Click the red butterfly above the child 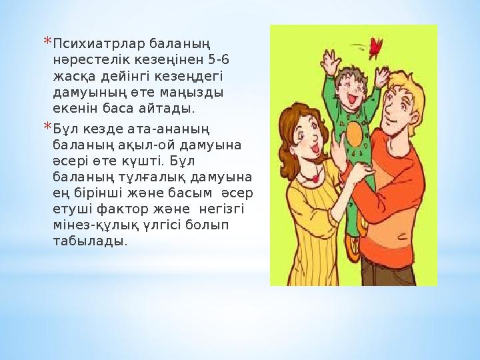coord(377,47)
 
